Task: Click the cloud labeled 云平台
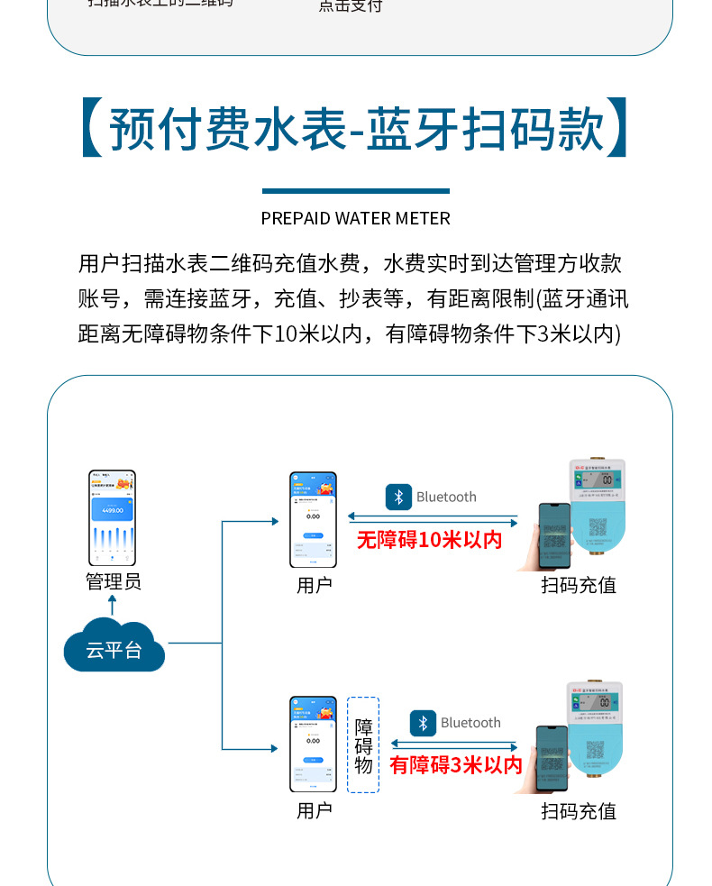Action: pos(114,646)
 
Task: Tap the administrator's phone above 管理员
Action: pos(113,518)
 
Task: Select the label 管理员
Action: pos(114,582)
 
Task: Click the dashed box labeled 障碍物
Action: pos(363,744)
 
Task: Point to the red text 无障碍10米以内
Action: pos(429,540)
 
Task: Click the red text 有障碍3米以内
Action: pos(456,765)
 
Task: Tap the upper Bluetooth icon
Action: pos(398,497)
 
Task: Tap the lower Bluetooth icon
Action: pos(423,723)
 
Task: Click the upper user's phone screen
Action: pos(313,520)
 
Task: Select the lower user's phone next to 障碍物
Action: pos(313,744)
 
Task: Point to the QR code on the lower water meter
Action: pos(596,750)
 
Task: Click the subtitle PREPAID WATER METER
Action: pos(356,218)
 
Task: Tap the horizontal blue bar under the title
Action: pos(356,191)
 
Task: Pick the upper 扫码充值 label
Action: pos(579,585)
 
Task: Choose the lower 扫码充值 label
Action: pos(579,811)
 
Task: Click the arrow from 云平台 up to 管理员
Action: pos(113,605)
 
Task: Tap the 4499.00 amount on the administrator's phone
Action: pos(113,510)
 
